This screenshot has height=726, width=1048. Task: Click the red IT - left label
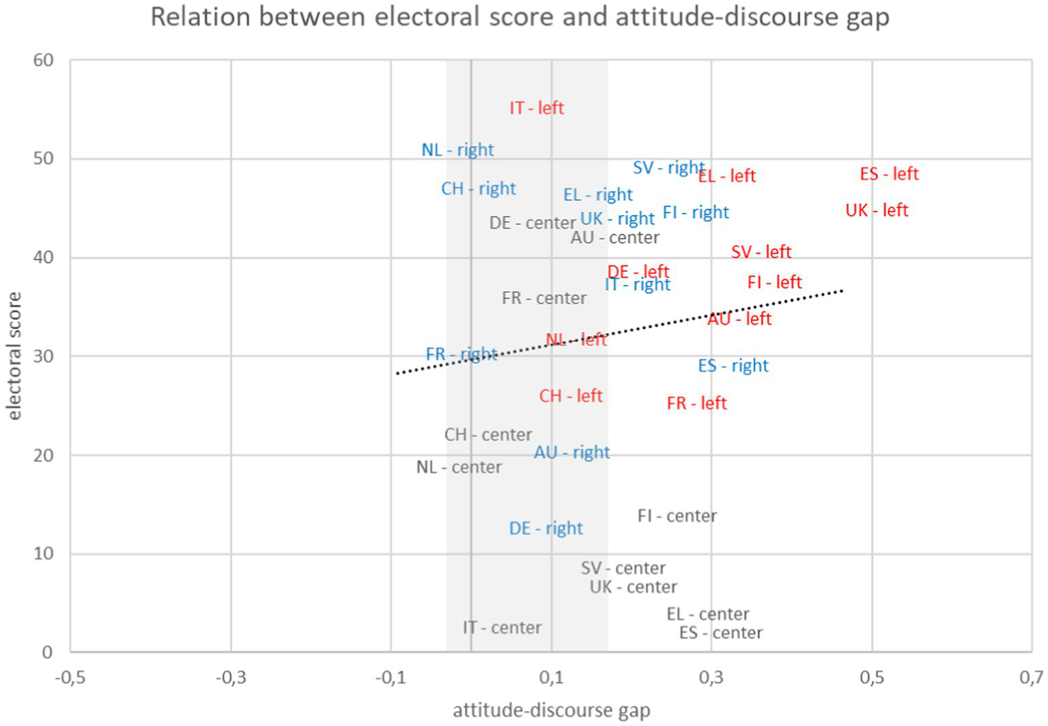pos(537,108)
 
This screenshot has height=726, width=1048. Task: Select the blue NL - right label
pos(457,149)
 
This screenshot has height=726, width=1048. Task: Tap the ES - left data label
pos(889,174)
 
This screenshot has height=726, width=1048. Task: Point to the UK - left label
pos(877,210)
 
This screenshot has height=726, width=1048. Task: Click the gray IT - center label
pos(502,627)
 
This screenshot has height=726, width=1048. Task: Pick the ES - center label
pos(720,633)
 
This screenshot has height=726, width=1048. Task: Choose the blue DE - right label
pos(546,528)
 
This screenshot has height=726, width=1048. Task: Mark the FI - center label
pos(677,516)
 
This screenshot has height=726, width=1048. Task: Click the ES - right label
pos(733,366)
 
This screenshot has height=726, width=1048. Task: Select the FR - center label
pos(543,298)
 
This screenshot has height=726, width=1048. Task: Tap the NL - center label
pos(459,467)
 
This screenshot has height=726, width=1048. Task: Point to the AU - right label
pos(571,452)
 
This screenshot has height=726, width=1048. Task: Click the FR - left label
pos(696,403)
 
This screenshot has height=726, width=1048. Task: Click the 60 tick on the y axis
pos(43,60)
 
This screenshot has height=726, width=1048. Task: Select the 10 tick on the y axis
pos(43,553)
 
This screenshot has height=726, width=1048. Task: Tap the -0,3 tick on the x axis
pos(230,678)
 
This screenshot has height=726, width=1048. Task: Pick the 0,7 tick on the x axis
pos(1031,678)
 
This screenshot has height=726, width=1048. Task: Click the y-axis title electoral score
pos(14,355)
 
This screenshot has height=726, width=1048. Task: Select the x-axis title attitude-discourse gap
pos(551,710)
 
